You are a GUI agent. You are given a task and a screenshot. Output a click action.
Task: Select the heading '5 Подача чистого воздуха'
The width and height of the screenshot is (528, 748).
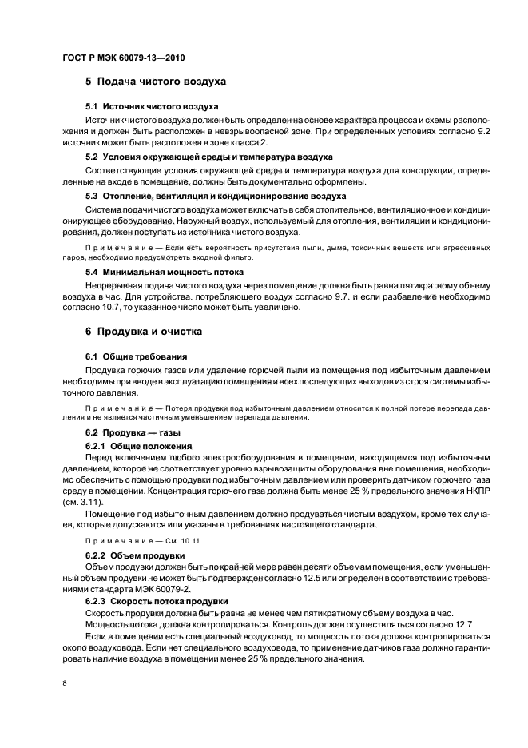point(156,82)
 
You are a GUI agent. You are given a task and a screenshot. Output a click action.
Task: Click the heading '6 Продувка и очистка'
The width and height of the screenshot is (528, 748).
point(144,331)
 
